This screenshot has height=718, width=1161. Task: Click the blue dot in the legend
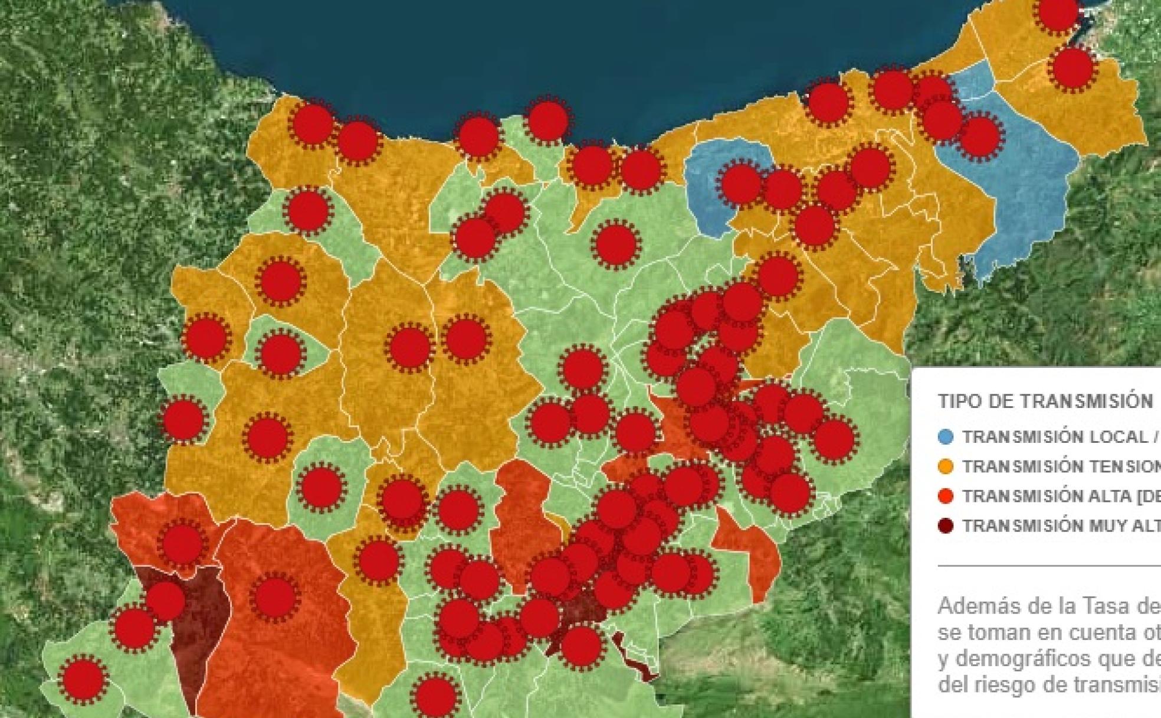tap(945, 437)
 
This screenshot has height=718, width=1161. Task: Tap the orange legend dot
tap(945, 466)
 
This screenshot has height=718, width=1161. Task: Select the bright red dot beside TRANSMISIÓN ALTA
tap(945, 496)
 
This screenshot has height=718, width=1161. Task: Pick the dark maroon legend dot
tap(945, 526)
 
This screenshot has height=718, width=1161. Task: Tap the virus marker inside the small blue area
tap(740, 184)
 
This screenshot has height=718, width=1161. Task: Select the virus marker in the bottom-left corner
tap(84, 678)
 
